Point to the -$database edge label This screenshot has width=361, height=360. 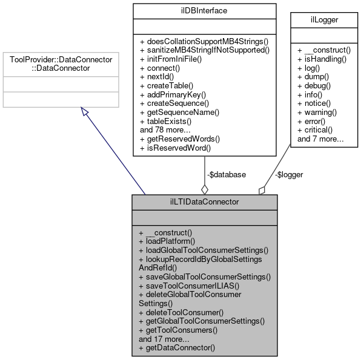(227, 174)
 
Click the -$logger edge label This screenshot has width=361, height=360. (289, 174)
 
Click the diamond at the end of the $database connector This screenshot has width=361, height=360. (205, 188)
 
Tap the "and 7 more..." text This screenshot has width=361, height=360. (321, 138)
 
